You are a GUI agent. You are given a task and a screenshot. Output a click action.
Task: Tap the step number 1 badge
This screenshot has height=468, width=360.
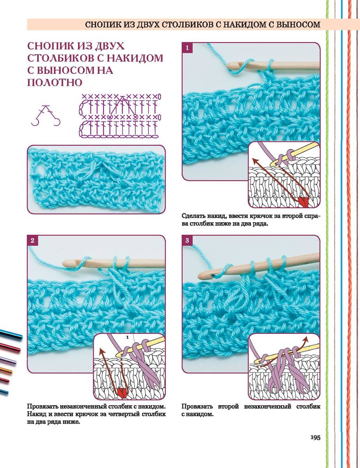click(x=187, y=48)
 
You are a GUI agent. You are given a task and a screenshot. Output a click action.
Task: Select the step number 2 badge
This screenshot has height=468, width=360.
click(x=32, y=240)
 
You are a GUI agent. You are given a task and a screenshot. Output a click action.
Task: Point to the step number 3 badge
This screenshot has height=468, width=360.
click(x=187, y=240)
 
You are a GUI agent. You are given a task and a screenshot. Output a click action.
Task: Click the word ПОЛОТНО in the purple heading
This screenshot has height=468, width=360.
click(x=55, y=83)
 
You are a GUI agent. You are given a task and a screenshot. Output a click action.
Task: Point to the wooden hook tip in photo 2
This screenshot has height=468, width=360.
click(x=65, y=263)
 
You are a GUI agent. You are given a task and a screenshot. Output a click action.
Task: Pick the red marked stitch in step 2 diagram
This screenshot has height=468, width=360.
click(x=122, y=393)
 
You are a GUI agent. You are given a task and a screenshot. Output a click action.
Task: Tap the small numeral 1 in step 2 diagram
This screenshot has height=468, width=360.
click(x=127, y=337)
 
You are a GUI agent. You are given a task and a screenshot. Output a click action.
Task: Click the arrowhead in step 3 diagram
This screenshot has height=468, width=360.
click(x=305, y=339)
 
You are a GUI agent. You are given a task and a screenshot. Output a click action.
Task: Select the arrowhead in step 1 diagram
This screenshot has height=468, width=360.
click(x=255, y=161)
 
